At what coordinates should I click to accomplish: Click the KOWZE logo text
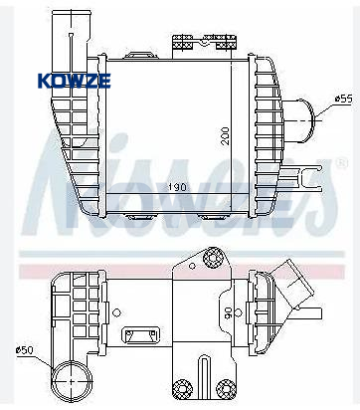75,81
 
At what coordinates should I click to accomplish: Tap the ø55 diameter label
343,100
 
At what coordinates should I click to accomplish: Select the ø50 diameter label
24,350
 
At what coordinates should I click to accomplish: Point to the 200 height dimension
226,135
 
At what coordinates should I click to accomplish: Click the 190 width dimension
177,187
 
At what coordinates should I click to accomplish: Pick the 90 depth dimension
228,313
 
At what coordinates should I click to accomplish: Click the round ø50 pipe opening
73,381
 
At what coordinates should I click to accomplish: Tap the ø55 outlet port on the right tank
297,120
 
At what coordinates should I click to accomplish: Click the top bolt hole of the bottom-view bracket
212,257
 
